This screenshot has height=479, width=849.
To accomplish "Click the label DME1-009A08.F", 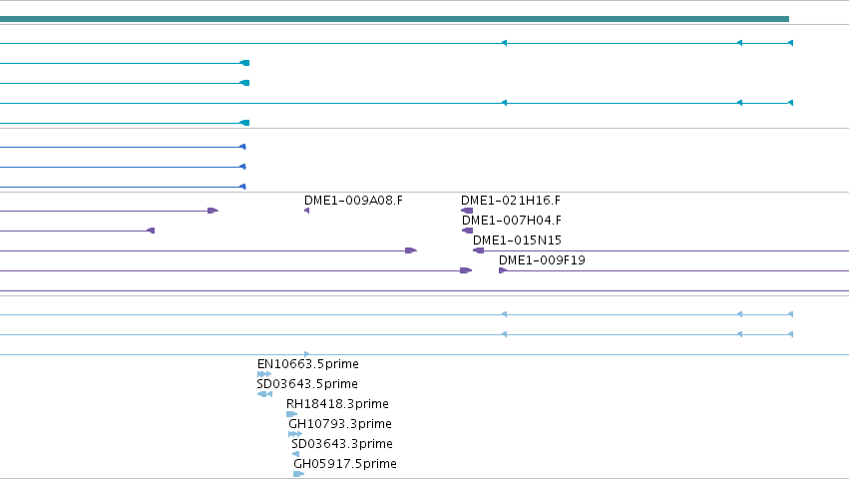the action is [353, 201].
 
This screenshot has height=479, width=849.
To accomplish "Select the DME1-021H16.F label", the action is [511, 201].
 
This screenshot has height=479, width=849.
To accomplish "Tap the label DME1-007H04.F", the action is [512, 221].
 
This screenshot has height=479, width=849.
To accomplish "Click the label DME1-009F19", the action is [542, 260].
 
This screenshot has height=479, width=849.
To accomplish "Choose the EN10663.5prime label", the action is [308, 364].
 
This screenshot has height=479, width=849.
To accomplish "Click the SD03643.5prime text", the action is [307, 384].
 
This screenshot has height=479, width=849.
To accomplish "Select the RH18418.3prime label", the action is [337, 404].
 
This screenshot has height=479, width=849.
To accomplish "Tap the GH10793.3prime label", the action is [340, 424].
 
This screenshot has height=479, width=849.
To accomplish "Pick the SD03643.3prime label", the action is [342, 444].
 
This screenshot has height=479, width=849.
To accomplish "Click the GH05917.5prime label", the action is [345, 464].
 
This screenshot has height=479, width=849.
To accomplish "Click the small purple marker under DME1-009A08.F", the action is [307, 211].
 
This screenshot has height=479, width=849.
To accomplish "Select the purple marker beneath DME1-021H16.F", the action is [467, 211].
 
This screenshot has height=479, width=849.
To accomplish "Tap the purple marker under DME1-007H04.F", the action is [467, 231].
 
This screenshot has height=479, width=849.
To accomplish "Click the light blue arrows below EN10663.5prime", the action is [264, 374].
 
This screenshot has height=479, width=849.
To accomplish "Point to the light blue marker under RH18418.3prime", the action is [292, 414].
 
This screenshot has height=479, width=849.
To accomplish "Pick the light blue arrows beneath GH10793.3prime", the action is [295, 434].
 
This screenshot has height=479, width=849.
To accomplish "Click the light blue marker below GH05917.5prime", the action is [299, 474].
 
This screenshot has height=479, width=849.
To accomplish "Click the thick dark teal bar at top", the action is [394, 19].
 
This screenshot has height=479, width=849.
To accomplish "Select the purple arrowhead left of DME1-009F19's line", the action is [503, 270].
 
